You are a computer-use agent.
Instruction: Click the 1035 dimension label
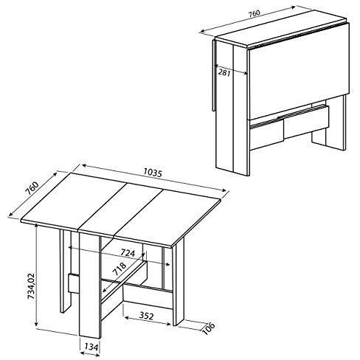(153, 173)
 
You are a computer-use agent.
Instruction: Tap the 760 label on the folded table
(254, 13)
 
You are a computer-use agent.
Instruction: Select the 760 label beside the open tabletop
(32, 188)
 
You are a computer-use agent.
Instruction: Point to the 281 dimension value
(224, 73)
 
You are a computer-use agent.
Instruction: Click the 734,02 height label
(31, 286)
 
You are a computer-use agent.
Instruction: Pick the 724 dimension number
(128, 252)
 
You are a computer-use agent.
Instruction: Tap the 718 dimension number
(120, 269)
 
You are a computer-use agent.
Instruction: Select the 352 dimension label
(146, 316)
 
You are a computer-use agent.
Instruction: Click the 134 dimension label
(91, 347)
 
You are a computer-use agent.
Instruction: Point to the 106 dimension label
(209, 328)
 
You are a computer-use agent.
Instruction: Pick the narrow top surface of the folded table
(280, 28)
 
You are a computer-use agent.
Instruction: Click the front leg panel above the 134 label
(90, 285)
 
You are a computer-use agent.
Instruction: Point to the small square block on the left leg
(74, 283)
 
